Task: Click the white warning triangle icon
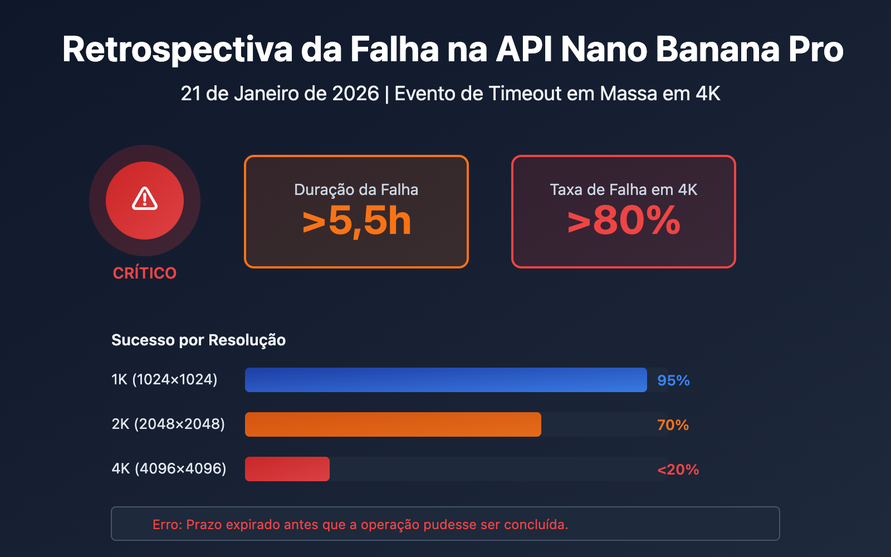(145, 199)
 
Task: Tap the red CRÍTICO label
(145, 273)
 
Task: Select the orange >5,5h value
(356, 221)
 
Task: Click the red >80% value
(624, 221)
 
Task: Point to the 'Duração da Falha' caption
(356, 190)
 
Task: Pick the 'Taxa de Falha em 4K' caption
(624, 190)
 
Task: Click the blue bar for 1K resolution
(445, 380)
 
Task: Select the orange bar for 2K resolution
(393, 424)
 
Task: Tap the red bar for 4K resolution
(287, 469)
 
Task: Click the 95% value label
(673, 380)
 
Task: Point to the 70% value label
(673, 425)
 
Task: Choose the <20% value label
(678, 470)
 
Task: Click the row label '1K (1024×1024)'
(164, 380)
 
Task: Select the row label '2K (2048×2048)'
(168, 424)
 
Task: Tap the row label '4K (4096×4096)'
(169, 469)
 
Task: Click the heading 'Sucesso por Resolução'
(198, 340)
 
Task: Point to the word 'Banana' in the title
(717, 49)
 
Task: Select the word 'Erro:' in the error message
(167, 525)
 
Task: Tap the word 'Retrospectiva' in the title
(177, 49)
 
